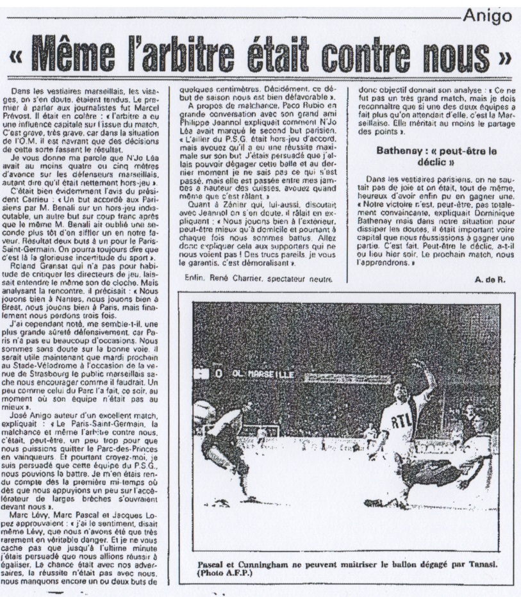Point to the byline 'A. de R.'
click(x=491, y=279)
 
